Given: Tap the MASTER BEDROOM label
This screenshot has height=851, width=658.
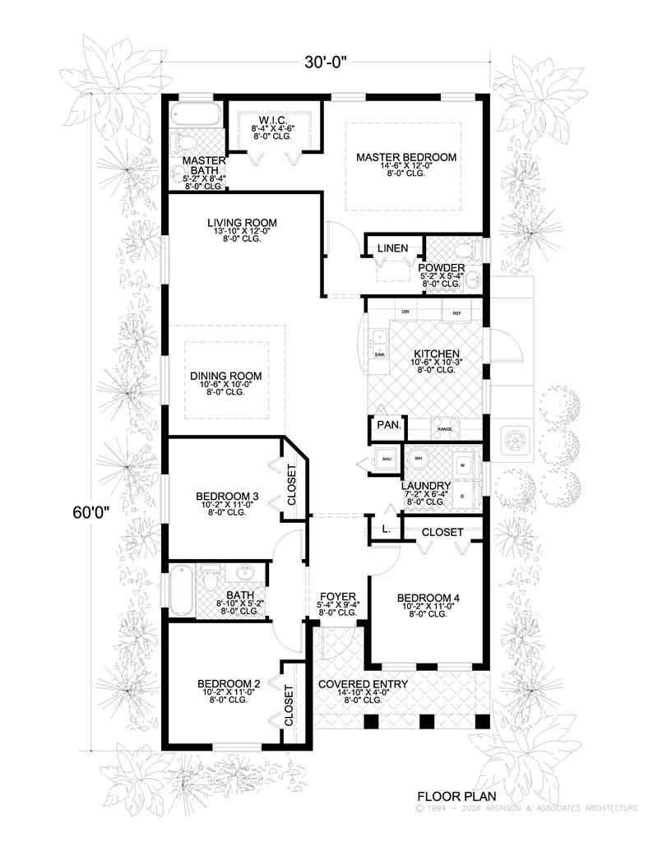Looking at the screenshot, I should [x=405, y=156].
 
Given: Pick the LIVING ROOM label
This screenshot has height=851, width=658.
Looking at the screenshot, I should [x=242, y=223].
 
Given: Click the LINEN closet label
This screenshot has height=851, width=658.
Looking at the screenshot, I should [x=392, y=247].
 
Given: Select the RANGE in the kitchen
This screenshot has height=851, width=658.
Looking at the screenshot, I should [x=445, y=428].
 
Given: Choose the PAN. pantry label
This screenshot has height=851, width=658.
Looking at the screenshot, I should [x=388, y=425].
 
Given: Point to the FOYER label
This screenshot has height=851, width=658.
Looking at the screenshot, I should [x=337, y=596].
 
